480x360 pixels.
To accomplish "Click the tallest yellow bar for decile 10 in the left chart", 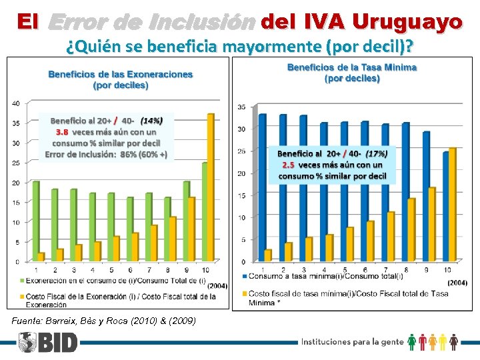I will point(211,187).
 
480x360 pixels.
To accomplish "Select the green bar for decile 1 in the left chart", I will point(36,221).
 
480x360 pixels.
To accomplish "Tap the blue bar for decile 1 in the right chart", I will point(262,187).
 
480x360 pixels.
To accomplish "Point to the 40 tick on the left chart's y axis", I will point(15,103).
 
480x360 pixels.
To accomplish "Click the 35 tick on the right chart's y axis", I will point(241,107).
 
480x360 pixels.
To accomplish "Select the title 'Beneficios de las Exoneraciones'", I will point(120,75).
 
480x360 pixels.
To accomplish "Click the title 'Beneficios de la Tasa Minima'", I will point(352,67).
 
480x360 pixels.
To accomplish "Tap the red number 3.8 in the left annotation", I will point(62,132).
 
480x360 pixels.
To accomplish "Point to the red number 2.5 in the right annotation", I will point(288,165).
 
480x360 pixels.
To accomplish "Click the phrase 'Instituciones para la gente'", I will point(353,342).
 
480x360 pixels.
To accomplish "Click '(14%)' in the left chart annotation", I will point(151,121).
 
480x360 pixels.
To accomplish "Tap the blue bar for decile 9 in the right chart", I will point(427,196).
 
